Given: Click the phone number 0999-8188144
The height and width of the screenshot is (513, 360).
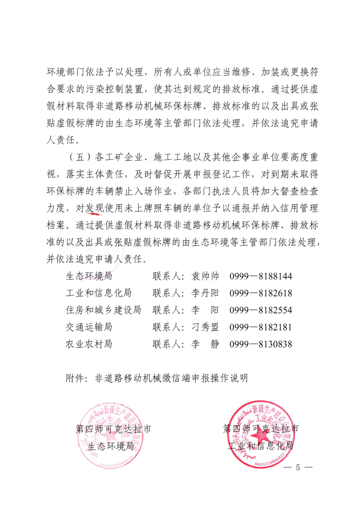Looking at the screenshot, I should click(261, 276).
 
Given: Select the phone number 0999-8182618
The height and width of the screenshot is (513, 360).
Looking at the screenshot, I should click(261, 293).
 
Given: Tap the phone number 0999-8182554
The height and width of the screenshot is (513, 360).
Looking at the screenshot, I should click(261, 310).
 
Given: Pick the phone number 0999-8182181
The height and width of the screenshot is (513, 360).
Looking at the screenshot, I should click(261, 327).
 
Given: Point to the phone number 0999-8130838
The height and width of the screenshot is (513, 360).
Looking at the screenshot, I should click(261, 344).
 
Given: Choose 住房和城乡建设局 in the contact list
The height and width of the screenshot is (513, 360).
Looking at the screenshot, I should click(104, 310).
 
